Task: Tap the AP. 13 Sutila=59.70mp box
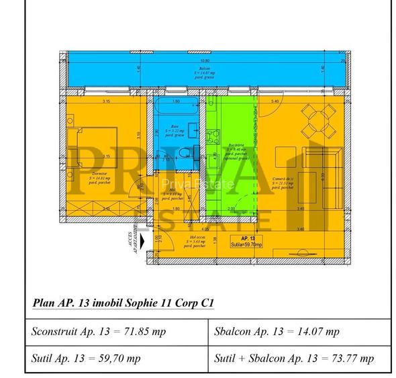coord(247,242)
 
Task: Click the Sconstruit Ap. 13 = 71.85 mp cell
coord(117,332)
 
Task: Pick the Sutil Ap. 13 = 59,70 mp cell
coord(117,359)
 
